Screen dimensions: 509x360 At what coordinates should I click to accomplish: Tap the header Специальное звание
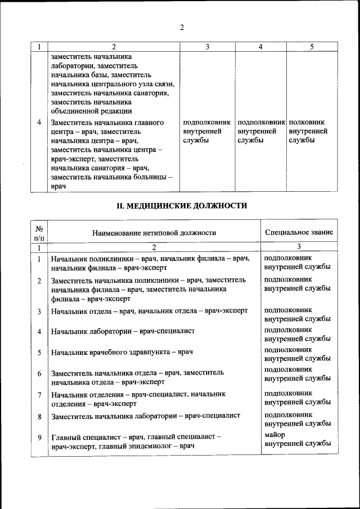click(298, 232)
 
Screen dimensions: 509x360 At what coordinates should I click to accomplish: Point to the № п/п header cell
click(39, 232)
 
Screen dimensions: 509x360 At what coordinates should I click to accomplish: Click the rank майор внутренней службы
click(297, 439)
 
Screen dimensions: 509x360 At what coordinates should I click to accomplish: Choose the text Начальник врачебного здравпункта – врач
click(122, 353)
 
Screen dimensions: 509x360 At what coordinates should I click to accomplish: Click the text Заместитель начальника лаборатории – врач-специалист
click(146, 416)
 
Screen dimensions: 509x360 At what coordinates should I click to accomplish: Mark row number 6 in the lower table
click(39, 374)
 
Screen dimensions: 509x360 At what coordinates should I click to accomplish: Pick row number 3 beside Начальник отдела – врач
click(39, 311)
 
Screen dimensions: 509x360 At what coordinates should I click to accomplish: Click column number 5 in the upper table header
click(311, 47)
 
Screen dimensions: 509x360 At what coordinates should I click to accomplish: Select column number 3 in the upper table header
click(207, 47)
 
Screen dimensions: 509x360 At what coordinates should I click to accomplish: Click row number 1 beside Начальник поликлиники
click(39, 259)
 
